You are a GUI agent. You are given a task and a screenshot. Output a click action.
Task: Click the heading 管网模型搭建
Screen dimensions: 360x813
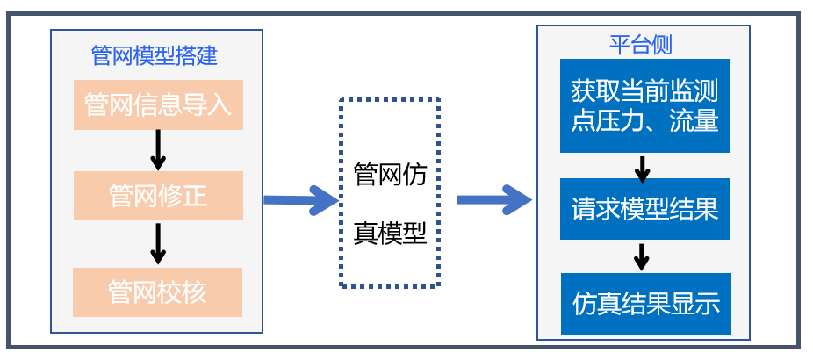(x=155, y=55)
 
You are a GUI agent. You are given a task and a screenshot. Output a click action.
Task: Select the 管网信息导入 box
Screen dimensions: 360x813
(x=158, y=105)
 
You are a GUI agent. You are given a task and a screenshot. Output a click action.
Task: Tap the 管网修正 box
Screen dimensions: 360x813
(x=158, y=195)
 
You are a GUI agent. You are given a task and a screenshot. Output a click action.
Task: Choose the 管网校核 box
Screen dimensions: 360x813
(x=158, y=292)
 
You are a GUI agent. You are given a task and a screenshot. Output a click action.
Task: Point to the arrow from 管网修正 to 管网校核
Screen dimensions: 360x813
(x=158, y=243)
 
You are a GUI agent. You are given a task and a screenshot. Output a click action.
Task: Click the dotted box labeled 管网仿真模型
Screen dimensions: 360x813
(x=390, y=193)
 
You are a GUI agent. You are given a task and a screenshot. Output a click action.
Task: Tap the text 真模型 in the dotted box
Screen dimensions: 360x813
(x=390, y=233)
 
